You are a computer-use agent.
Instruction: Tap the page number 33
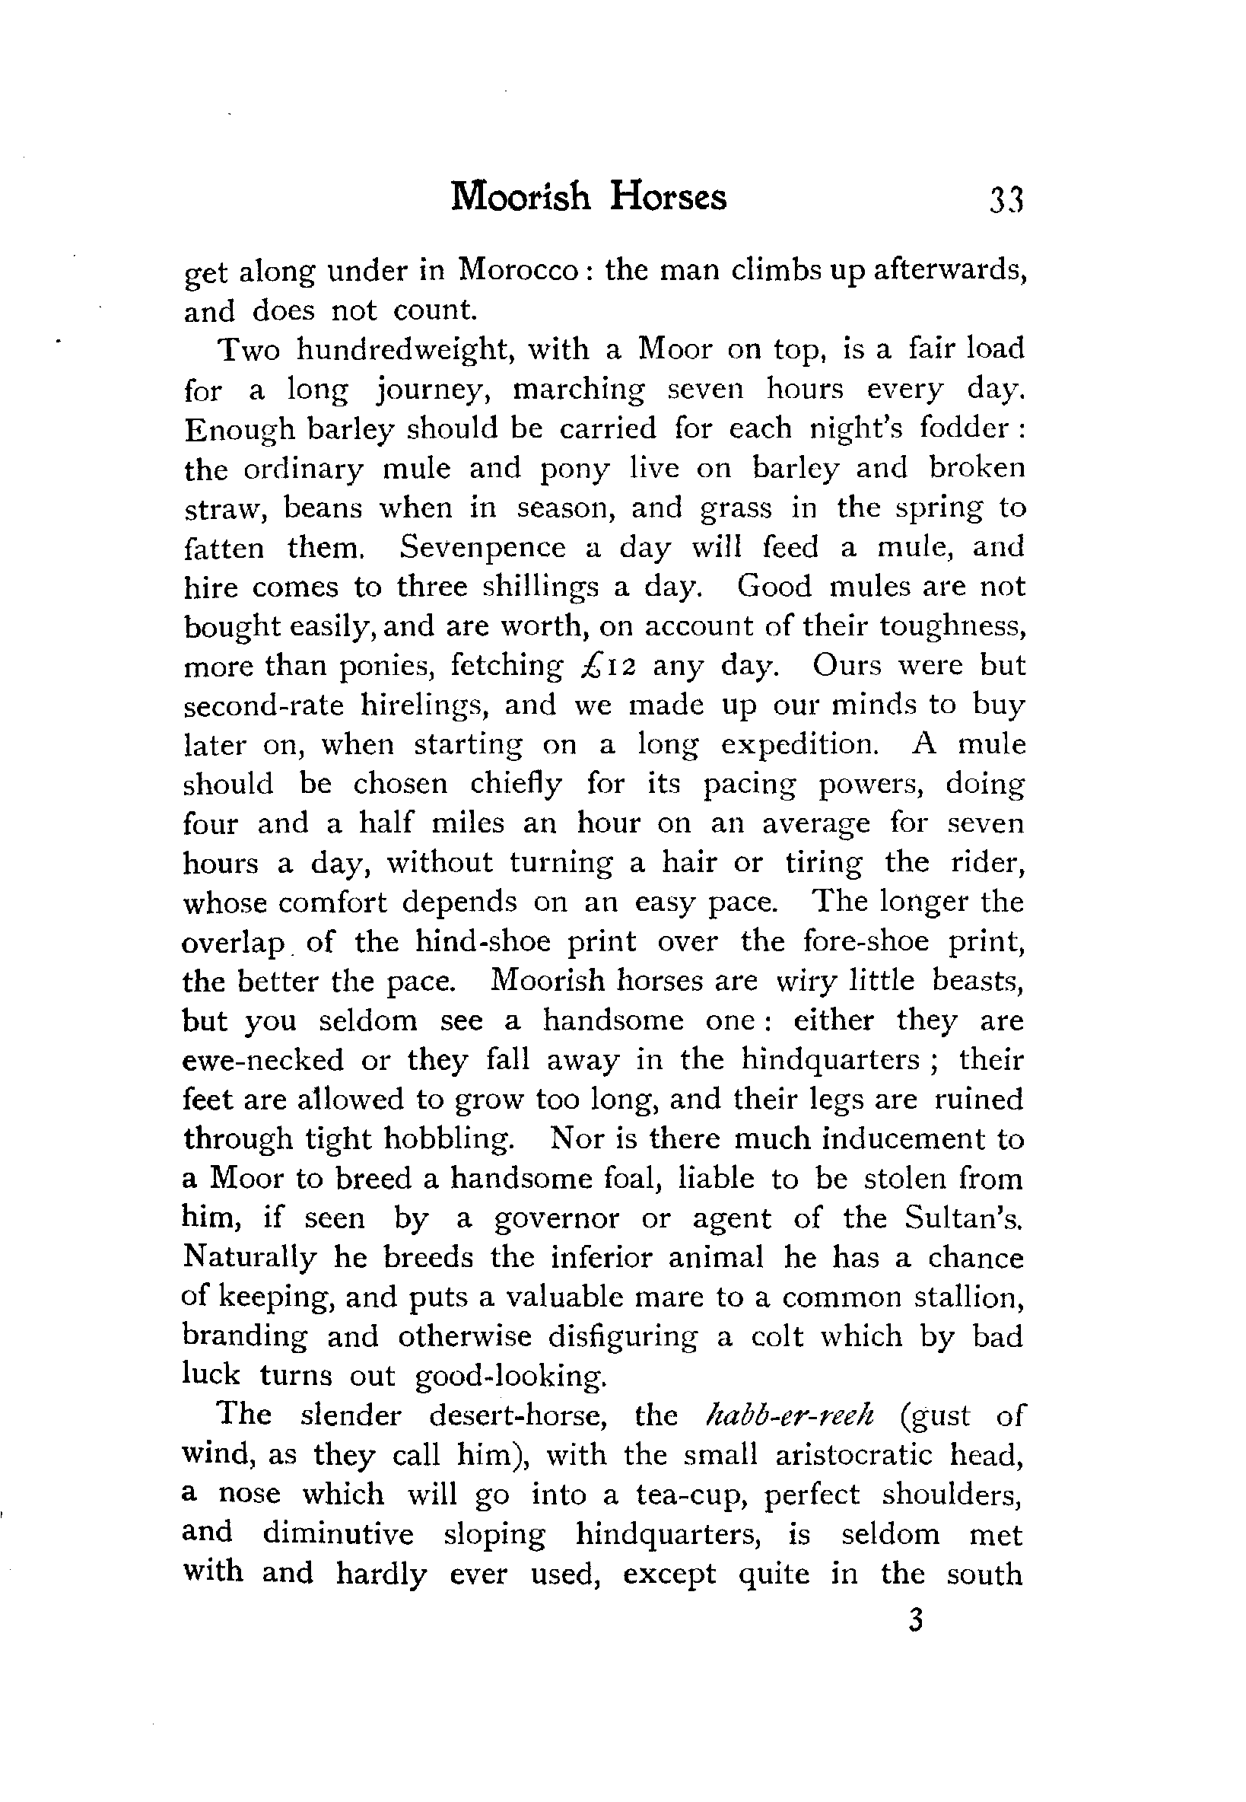[1005, 200]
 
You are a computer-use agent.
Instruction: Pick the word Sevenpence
[482, 547]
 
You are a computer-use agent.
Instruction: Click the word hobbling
[448, 1139]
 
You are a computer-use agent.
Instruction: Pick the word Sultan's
[963, 1219]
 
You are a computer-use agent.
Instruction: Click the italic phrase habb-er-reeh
[789, 1415]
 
